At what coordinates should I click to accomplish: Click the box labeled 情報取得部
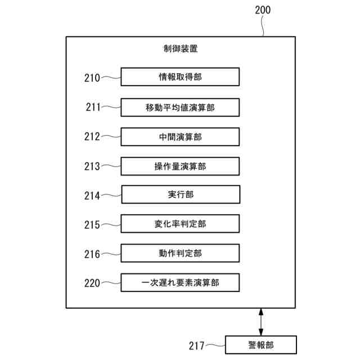(x=180, y=77)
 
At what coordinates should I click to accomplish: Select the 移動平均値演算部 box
(x=180, y=107)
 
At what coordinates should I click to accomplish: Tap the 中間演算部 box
(x=180, y=137)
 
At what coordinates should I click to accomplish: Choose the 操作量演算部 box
(x=180, y=166)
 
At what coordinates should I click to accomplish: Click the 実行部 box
(x=181, y=195)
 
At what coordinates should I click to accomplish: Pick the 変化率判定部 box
(x=180, y=224)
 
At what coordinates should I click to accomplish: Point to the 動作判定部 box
(x=180, y=254)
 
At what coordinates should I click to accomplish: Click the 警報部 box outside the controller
(x=260, y=344)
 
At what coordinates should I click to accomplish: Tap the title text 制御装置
(x=180, y=49)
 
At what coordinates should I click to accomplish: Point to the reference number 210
(x=92, y=78)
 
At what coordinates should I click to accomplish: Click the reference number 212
(x=92, y=137)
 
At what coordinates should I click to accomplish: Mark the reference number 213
(x=92, y=166)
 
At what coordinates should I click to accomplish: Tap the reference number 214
(x=92, y=196)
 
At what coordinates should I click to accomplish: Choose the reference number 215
(x=92, y=225)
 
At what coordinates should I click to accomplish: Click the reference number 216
(x=92, y=254)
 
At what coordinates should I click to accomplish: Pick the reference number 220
(x=92, y=283)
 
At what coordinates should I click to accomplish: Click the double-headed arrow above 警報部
(x=260, y=322)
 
